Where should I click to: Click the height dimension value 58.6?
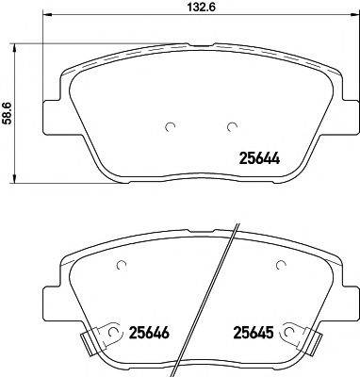click(x=8, y=110)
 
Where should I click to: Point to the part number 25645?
click(x=254, y=331)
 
